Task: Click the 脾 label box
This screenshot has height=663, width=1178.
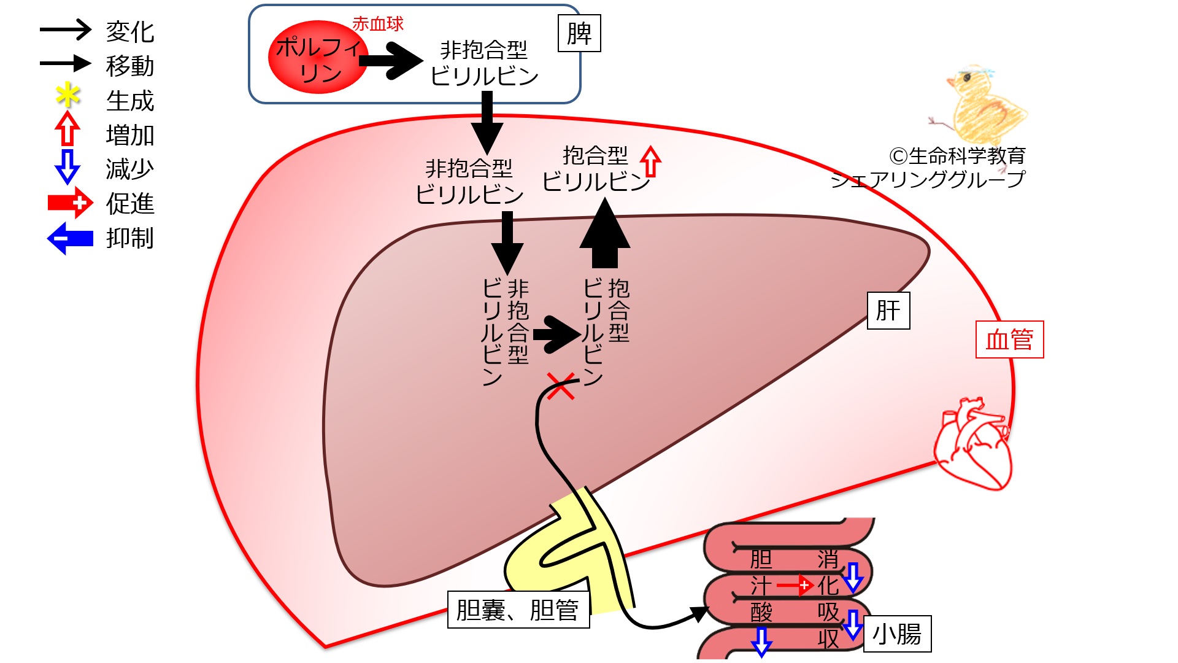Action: click(579, 33)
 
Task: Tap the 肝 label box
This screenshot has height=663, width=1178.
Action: click(888, 311)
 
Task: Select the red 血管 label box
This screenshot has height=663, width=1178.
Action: click(1009, 339)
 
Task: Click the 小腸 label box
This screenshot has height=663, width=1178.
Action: click(897, 634)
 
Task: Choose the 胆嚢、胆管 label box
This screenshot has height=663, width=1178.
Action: click(518, 610)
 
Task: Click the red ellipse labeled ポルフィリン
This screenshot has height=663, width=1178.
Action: click(318, 58)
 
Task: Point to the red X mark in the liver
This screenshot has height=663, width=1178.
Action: click(561, 386)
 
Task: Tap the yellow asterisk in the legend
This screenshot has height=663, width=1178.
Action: click(67, 96)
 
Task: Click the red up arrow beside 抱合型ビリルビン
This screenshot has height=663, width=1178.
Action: click(650, 161)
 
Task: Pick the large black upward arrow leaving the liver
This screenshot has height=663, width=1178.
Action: click(605, 233)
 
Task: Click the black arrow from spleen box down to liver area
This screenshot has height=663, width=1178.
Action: click(487, 123)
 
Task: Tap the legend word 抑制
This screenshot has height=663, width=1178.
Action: click(129, 238)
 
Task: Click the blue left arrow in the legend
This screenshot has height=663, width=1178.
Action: click(70, 238)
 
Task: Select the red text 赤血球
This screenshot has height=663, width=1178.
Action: click(378, 24)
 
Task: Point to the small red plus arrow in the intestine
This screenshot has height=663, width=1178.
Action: click(795, 586)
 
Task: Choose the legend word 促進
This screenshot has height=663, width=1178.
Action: click(129, 203)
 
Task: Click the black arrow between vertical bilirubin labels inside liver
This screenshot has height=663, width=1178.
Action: click(556, 335)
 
